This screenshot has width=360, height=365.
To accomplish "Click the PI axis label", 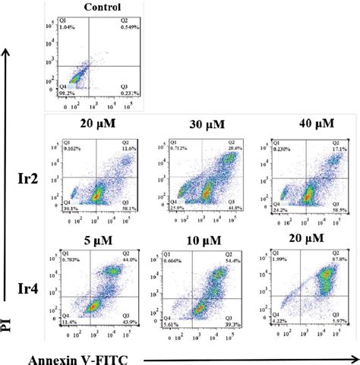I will pos(8,324).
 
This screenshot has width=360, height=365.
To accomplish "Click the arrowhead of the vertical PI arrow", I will pos(8,49).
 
